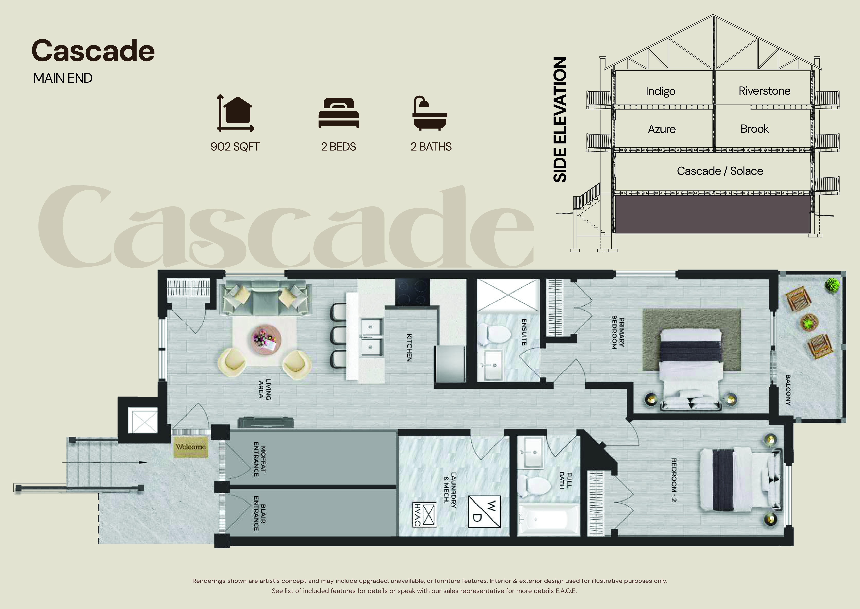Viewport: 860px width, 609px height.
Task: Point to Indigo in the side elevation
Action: coord(660,91)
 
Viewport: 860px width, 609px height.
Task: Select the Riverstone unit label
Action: coord(764,91)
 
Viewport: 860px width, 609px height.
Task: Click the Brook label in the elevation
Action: coord(754,129)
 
